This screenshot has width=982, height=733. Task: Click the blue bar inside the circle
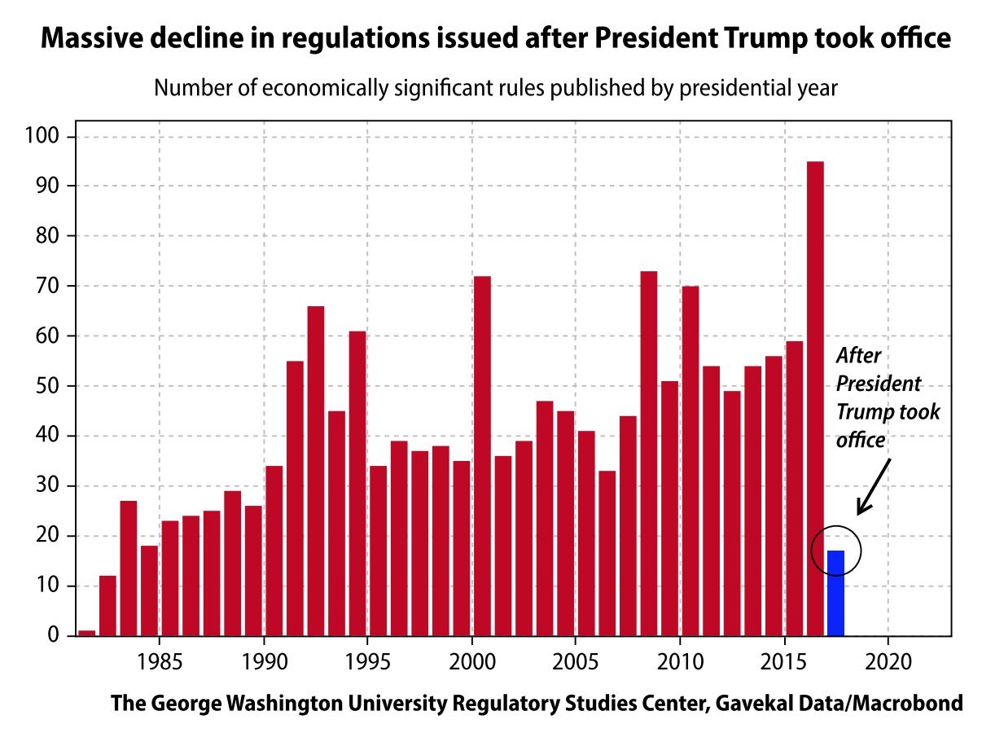835,593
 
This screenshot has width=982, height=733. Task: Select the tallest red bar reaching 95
815,398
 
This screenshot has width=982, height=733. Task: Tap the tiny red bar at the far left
86,633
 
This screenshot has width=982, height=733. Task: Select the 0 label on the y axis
55,635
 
